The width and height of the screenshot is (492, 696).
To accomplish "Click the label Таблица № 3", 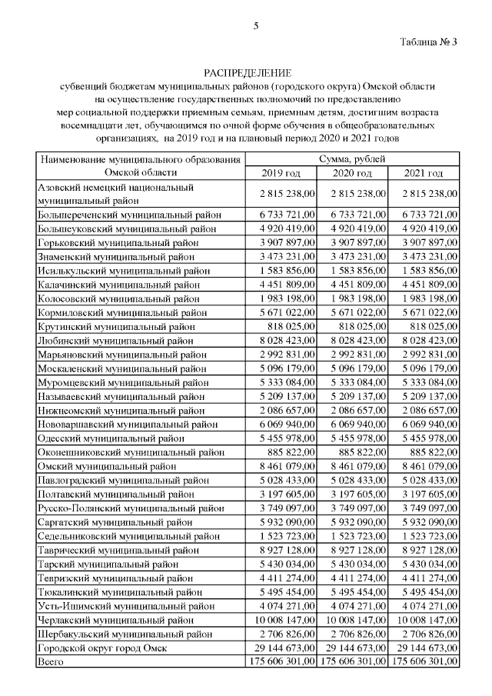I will tap(429, 42).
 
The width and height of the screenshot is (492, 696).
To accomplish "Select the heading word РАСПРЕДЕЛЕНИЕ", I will tap(246, 73).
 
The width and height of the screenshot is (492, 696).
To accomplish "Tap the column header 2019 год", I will tap(281, 173).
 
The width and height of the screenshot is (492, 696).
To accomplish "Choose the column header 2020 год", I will tap(353, 173).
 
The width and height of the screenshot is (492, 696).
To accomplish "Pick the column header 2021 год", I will tap(424, 173).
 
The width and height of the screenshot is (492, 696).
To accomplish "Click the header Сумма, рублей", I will tap(353, 159).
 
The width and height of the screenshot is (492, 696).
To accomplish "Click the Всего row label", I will tap(51, 661).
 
